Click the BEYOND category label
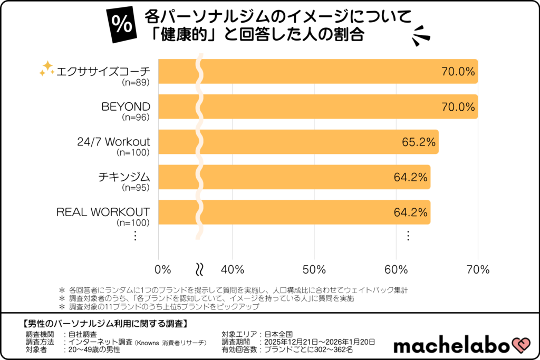click(126, 107)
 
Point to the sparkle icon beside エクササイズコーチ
click(47, 69)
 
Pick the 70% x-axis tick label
click(478, 269)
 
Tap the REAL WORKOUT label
click(103, 212)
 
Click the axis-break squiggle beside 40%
click(199, 269)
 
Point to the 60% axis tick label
click(396, 269)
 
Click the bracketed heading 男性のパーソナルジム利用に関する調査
click(106, 323)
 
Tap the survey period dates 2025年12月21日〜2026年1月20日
click(322, 342)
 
